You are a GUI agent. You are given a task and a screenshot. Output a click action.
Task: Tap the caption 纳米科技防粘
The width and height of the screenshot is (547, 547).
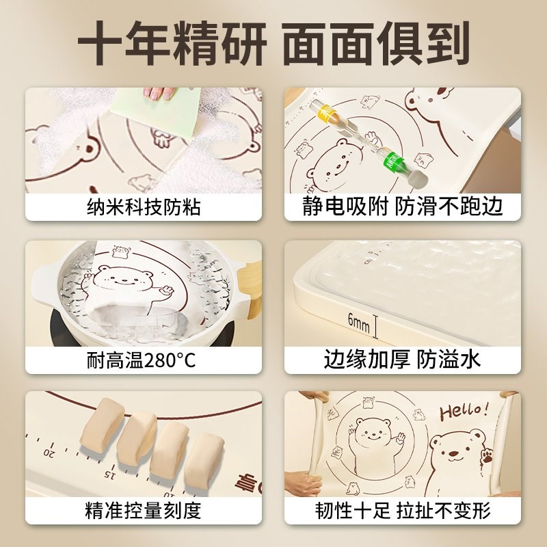click(x=144, y=206)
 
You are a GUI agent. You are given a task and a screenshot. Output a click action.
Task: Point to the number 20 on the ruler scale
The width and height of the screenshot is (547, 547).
click(x=49, y=453)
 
